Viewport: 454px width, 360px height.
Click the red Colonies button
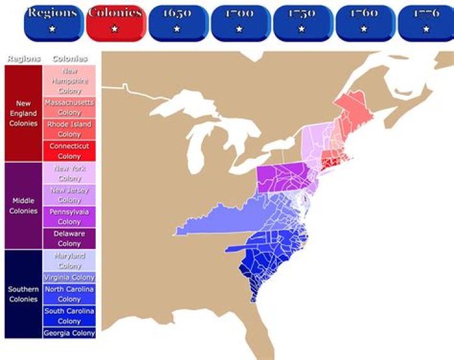pos(114,21)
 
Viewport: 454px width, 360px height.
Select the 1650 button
pos(177,21)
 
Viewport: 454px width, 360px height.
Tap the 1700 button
pos(239,21)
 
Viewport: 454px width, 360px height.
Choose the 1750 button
pos(301,21)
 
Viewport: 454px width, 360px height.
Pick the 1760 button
pos(364,21)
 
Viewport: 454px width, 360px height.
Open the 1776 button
pos(426,21)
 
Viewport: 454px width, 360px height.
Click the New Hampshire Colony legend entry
pos(69,81)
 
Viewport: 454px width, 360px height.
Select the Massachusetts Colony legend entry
pos(69,107)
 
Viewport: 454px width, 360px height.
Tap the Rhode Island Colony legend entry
pos(69,129)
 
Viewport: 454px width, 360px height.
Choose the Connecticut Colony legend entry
pos(69,151)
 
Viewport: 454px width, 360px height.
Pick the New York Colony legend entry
pos(69,173)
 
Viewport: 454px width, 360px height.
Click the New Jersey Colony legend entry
pos(69,195)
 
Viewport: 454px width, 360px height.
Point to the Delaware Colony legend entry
pos(69,238)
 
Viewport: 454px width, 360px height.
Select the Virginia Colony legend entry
pos(69,277)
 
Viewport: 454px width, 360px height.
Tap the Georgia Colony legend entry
pos(69,333)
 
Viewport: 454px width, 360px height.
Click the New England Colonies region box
pos(23,113)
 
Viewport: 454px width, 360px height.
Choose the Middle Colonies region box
pos(23,206)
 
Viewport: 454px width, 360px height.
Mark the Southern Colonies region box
pos(23,294)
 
